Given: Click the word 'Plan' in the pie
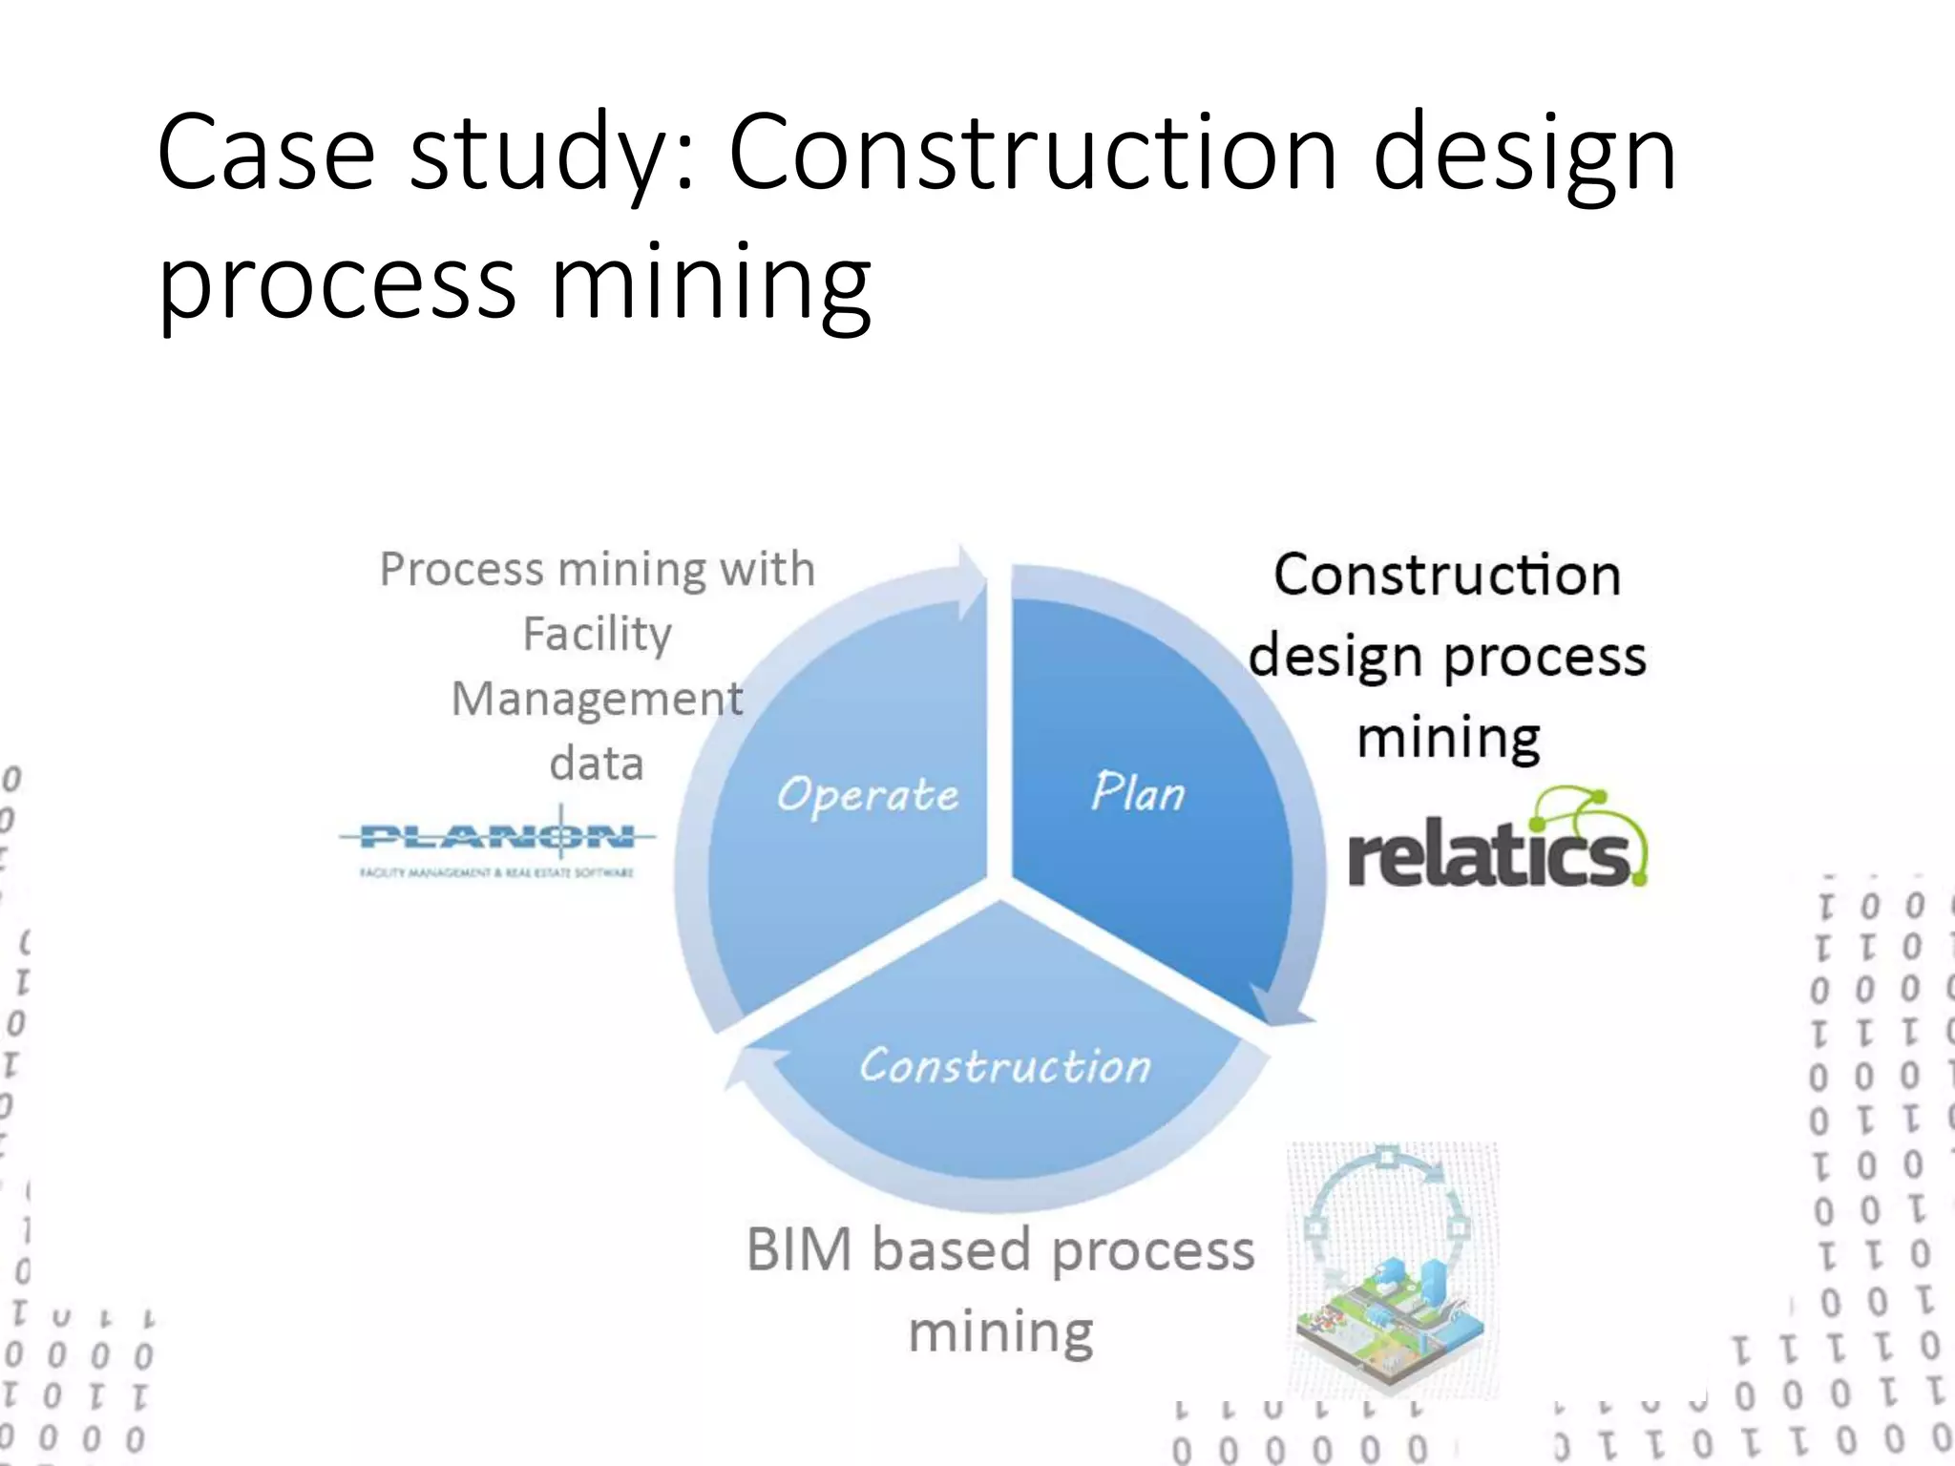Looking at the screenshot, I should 1138,792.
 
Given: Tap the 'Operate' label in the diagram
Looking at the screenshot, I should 867,795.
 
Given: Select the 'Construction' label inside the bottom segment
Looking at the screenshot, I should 1005,1065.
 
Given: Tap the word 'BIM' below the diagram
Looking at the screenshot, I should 798,1249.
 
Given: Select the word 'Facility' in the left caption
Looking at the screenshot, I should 598,634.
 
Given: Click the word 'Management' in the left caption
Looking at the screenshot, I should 598,699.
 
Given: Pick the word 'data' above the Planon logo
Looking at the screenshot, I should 597,764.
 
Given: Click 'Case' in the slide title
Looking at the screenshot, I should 266,153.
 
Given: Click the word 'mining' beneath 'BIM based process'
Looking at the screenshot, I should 1000,1332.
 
